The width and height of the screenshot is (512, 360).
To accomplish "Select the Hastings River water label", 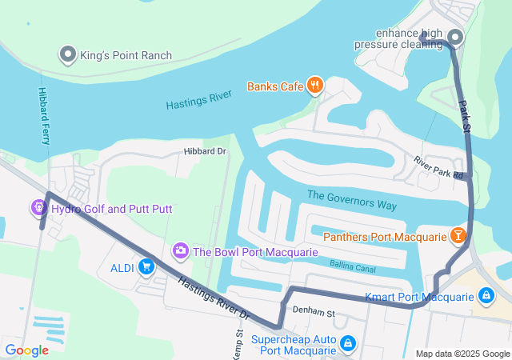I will tap(198, 100).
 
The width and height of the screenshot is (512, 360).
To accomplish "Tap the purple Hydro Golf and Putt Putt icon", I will tap(38, 209).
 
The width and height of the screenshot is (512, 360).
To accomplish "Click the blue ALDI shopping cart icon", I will tap(146, 266).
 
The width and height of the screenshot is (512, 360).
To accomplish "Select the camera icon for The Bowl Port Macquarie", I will tap(181, 251).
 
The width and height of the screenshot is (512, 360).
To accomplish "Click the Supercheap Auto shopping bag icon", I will tap(348, 344).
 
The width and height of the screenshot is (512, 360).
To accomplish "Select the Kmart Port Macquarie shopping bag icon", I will tap(486, 297).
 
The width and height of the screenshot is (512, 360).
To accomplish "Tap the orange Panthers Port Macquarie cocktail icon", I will tap(458, 236).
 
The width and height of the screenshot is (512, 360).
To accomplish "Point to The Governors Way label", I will tap(352, 200).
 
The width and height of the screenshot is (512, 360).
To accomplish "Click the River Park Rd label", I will tap(438, 167).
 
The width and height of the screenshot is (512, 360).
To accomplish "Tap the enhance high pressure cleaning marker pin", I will tap(455, 38).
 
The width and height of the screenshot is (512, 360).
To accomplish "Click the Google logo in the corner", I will tap(27, 350).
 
